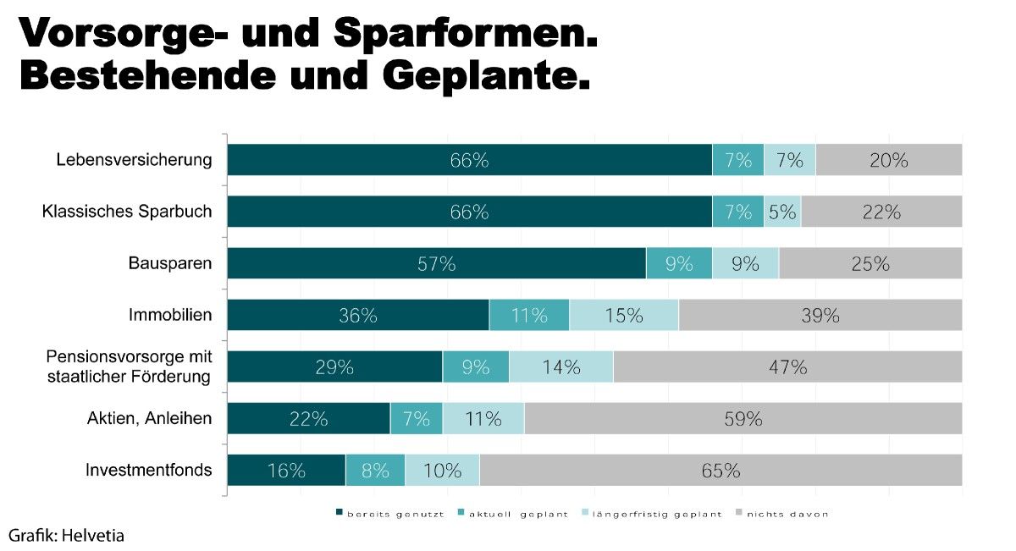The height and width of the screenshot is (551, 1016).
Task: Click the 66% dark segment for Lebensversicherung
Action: [x=469, y=160]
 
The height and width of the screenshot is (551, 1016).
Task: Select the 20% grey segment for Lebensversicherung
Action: [x=888, y=160]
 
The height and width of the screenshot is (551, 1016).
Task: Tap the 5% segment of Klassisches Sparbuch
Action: [x=782, y=212]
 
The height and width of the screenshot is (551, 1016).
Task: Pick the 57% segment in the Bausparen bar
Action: [x=436, y=263]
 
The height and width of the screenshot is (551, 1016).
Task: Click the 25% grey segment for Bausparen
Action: [x=870, y=263]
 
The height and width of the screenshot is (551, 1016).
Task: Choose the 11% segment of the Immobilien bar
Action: [x=529, y=315]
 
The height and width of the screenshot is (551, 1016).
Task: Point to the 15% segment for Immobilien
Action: [x=624, y=315]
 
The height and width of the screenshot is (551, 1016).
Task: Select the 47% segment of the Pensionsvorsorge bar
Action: [x=787, y=366]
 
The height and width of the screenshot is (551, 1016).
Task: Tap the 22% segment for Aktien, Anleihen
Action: [x=308, y=418]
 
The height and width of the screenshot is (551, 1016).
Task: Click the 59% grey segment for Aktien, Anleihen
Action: [x=743, y=418]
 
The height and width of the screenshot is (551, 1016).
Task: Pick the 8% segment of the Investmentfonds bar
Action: [x=375, y=470]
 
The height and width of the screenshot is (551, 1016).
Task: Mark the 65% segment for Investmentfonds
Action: [x=721, y=470]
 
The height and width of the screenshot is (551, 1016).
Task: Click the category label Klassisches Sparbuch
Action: [x=127, y=212]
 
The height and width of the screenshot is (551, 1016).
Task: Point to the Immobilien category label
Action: [x=170, y=316]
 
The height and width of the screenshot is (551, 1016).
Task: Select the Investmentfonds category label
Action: [x=149, y=470]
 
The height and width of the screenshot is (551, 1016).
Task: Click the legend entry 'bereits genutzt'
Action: [x=390, y=514]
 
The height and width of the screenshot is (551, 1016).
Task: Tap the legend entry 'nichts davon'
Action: [x=787, y=514]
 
